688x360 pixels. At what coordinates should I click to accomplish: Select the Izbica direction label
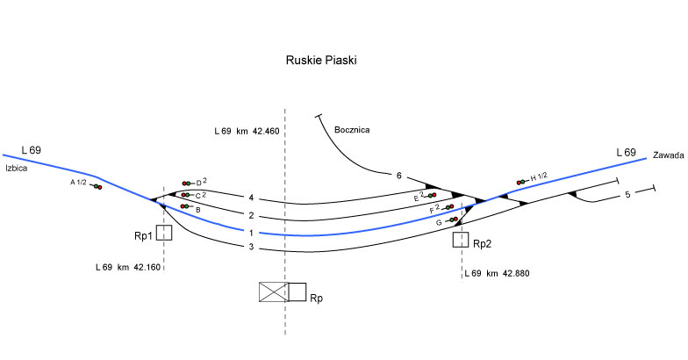(18, 168)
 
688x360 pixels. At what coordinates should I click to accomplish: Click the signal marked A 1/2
(95, 186)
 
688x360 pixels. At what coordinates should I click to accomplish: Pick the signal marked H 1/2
(521, 182)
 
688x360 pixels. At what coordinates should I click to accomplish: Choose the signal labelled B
(185, 206)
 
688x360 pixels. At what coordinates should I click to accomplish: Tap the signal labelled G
(455, 220)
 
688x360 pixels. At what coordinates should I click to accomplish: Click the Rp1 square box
(164, 233)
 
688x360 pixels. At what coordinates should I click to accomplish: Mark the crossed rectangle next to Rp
(274, 292)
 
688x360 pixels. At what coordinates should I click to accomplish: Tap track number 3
(251, 248)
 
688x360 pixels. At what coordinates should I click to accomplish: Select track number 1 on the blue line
(251, 233)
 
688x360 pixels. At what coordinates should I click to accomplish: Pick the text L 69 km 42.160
(128, 266)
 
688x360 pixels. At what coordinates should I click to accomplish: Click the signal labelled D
(187, 183)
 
